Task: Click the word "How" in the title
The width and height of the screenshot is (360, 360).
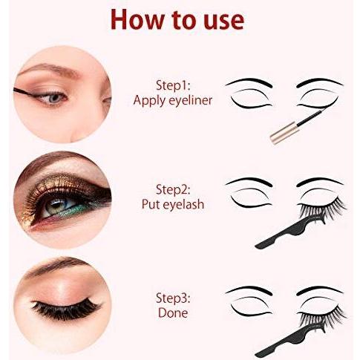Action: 137,20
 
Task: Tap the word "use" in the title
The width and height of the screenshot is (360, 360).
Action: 224,22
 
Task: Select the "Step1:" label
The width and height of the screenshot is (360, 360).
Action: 173,86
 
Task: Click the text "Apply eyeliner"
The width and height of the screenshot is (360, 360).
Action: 173,101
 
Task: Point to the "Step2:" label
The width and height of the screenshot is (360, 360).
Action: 173,190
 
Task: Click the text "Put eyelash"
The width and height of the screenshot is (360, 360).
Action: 173,205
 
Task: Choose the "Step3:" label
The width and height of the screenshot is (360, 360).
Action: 173,298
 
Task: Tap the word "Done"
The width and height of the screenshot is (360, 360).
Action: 173,312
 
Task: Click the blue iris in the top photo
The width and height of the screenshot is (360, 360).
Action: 54,98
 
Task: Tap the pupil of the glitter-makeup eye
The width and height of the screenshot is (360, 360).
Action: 57,204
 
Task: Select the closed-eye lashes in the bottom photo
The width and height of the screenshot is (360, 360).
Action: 66,309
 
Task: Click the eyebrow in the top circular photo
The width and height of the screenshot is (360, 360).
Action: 50,68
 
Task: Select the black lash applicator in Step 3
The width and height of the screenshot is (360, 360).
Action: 289,339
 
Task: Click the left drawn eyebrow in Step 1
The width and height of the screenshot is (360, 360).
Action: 249,82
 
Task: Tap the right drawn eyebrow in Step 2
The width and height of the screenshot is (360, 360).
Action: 320,181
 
